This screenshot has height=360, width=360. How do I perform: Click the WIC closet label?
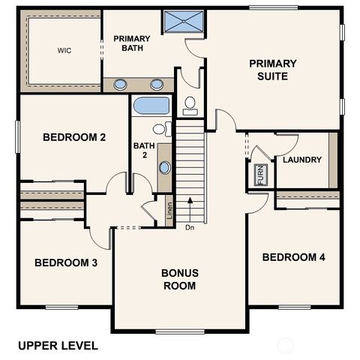64,51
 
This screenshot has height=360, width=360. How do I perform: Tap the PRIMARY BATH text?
132,43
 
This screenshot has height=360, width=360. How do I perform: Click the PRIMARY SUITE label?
273,70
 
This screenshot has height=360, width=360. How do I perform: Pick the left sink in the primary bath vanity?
121,84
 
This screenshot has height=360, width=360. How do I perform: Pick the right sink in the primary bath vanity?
157,84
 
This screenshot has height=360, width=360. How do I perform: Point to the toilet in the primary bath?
190,105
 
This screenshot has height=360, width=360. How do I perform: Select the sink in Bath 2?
165,166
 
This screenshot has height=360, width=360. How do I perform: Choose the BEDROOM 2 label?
73,137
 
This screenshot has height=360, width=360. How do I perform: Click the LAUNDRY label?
302,160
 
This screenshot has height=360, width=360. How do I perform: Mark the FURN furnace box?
260,175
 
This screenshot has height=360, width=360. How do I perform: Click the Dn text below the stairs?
190,227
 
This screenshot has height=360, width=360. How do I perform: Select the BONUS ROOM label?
180,279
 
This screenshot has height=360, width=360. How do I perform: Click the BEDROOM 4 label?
293,257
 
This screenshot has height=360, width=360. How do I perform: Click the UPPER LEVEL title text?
58,346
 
